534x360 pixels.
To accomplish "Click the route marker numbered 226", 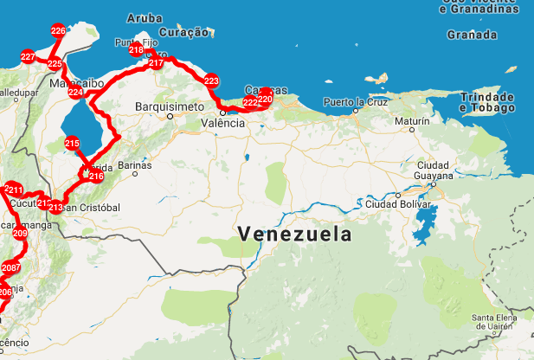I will coord(58,31).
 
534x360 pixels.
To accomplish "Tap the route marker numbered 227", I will coord(28,57).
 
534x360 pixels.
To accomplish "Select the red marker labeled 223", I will coord(211,81).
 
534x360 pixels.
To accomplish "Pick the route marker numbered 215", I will coord(72,144).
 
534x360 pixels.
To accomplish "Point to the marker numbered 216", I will coord(96,177).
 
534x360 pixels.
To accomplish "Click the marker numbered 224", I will coord(75,93).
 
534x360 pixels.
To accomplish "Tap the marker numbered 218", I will coord(136,50).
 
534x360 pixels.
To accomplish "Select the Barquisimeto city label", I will coord(169,106).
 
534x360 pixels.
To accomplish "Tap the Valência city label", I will coord(223,124).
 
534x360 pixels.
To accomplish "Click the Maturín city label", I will coord(412,122).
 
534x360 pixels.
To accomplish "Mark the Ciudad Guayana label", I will coord(433,170).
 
